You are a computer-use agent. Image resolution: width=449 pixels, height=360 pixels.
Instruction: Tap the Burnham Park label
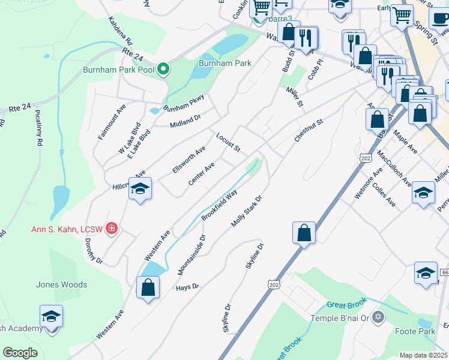tap(225, 62)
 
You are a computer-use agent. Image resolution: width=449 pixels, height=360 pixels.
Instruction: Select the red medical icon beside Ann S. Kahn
tap(111, 228)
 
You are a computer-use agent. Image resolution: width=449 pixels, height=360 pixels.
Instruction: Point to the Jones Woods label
tap(61, 284)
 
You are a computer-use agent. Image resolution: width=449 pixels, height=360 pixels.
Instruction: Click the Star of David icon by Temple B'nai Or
tap(377, 317)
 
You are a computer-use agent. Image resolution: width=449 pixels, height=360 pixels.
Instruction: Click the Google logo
tap(20, 353)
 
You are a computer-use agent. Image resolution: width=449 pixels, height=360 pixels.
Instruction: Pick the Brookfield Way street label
tap(219, 205)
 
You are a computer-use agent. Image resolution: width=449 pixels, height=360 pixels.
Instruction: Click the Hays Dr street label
tap(187, 287)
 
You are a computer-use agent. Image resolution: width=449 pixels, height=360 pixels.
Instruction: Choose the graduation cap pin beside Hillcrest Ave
tap(140, 190)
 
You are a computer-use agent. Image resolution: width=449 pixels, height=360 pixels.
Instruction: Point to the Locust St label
tap(228, 143)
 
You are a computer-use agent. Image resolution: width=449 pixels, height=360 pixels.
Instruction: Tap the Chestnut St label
tap(309, 130)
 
